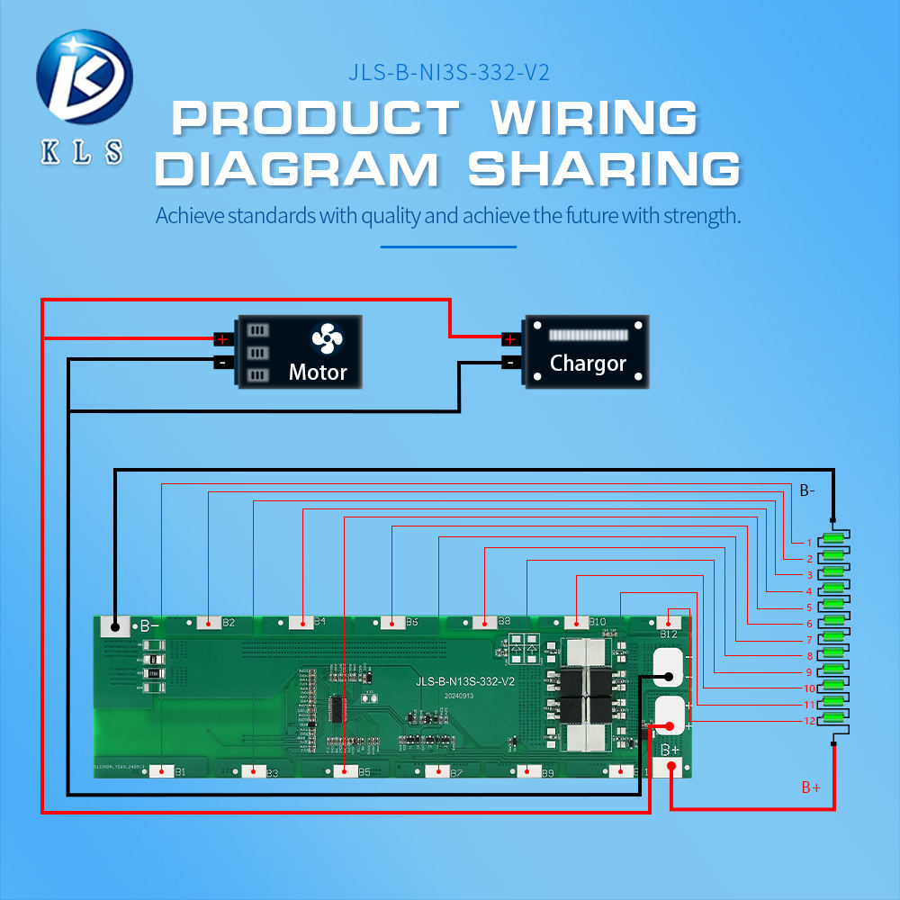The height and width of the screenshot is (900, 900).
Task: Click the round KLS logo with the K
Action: coord(84,76)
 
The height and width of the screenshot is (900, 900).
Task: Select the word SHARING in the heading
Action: coord(604,169)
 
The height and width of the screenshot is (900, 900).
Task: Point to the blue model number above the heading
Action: coord(447,73)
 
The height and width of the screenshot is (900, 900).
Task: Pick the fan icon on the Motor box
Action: coord(327,339)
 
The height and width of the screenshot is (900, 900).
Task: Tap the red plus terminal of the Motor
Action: coord(221,339)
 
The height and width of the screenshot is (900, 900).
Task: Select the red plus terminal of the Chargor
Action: coord(509,339)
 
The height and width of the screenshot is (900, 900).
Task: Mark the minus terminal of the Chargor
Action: coord(509,363)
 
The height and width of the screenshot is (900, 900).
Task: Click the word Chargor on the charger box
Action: coord(588,364)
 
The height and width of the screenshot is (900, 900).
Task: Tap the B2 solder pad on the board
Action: coord(209,622)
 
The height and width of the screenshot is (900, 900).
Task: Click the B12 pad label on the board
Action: coord(669,634)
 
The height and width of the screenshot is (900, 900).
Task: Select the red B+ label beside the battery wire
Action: coord(811,787)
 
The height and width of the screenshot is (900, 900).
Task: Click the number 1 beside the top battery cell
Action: coord(809,543)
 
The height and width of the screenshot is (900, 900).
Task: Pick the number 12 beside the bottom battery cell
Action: coord(809,722)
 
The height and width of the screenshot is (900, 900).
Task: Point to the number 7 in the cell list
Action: coord(809,640)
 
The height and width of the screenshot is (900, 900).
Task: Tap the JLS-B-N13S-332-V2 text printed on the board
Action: coord(465,681)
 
